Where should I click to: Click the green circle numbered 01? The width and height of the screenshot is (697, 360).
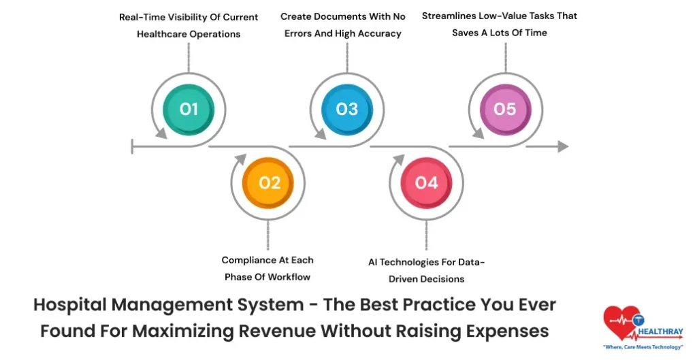189,109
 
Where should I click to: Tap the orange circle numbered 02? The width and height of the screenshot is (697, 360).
270,182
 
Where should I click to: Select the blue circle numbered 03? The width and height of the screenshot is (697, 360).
347,109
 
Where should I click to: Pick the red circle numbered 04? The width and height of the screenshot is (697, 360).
427,182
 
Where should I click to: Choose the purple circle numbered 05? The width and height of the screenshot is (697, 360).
504,109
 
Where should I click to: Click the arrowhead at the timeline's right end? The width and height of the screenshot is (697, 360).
562,146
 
